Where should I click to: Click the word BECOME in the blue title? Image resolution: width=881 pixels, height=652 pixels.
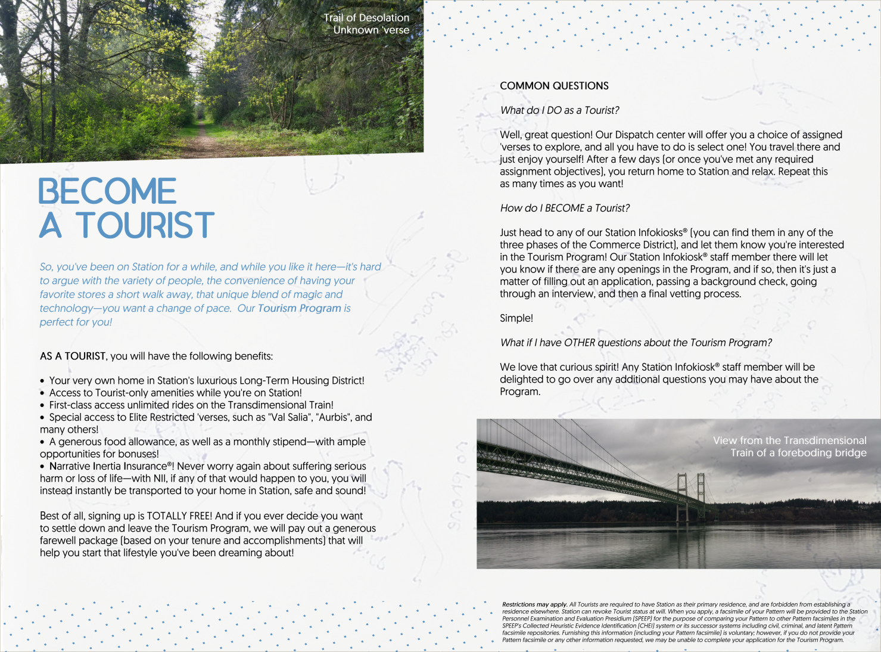[108, 191]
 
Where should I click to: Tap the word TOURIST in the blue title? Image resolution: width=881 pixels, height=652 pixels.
[145, 225]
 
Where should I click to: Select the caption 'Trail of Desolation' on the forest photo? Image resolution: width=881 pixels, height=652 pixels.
[366, 18]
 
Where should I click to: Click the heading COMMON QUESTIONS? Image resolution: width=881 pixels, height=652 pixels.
[554, 86]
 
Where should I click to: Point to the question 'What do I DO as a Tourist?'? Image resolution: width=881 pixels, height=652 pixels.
[559, 110]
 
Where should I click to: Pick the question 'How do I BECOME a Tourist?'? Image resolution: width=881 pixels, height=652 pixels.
[565, 208]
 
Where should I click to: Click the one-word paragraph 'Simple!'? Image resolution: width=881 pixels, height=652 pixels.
[516, 318]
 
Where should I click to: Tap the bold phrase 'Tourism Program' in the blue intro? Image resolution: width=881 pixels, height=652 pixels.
[299, 308]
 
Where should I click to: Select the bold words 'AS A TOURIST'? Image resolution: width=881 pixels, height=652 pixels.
[73, 356]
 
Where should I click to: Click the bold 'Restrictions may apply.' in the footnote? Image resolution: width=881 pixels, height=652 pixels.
[534, 604]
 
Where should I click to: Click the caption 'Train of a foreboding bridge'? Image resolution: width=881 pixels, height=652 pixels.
[798, 453]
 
